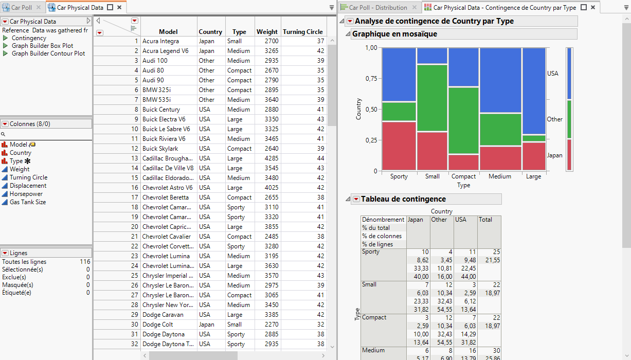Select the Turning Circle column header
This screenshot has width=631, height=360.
(302, 32)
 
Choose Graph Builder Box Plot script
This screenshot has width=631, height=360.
(42, 46)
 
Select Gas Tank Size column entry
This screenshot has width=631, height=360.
(28, 202)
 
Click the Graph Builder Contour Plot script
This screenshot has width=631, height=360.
(48, 53)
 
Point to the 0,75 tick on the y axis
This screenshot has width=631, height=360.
(371, 79)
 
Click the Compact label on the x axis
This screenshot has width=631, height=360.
(463, 176)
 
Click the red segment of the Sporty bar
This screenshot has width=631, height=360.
(399, 146)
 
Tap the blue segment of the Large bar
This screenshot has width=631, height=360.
(533, 91)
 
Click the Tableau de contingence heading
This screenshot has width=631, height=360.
(403, 199)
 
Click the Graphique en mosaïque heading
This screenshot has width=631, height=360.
(394, 34)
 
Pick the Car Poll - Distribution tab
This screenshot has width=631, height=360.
(378, 8)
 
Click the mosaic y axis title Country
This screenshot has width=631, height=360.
(359, 109)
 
